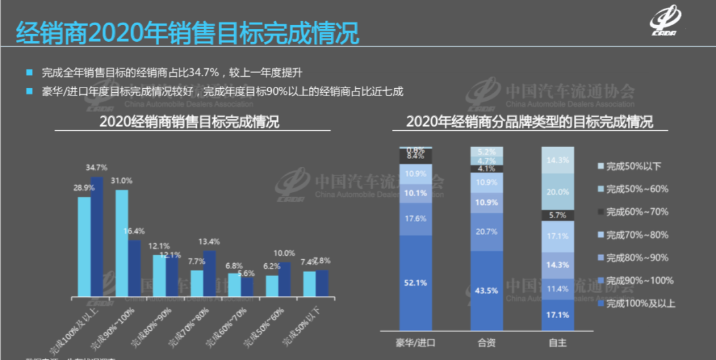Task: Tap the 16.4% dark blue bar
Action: click(135, 268)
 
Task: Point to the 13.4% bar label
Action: click(209, 242)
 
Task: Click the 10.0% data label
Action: click(284, 253)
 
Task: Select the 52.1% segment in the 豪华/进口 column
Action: click(416, 282)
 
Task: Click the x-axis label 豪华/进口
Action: click(416, 343)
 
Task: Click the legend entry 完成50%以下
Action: click(631, 166)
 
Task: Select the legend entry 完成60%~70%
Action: click(632, 212)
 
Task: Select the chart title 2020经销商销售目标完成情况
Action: click(189, 123)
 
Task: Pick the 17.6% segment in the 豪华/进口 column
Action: click(416, 219)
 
